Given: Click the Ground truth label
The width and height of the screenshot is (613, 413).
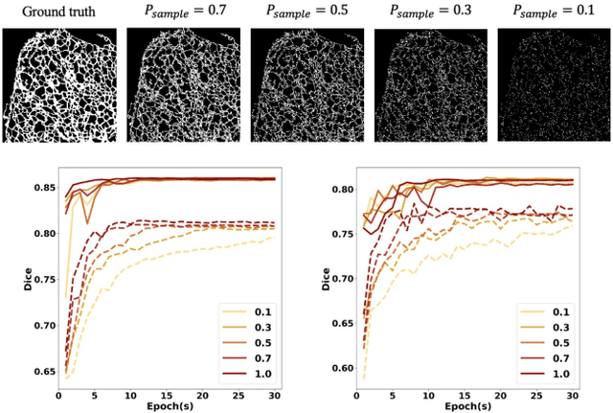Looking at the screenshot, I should tap(59, 11).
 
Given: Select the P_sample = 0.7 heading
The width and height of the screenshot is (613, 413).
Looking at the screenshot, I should tap(183, 11).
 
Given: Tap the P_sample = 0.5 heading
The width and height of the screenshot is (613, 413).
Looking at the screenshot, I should tap(307, 11).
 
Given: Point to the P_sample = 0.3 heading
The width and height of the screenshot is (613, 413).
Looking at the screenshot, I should tap(430, 11).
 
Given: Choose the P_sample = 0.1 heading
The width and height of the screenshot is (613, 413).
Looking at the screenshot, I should tap(553, 11).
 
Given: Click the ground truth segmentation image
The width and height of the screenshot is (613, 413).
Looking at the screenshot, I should tap(59, 84).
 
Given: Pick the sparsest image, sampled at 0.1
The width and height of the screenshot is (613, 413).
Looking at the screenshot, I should tap(553, 84).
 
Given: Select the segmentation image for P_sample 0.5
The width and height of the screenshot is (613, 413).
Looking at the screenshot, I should tap(307, 84).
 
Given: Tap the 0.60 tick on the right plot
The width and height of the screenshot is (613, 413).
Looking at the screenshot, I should tap(338, 368).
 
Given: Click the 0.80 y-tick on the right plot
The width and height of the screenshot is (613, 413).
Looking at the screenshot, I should tap(338, 190).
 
